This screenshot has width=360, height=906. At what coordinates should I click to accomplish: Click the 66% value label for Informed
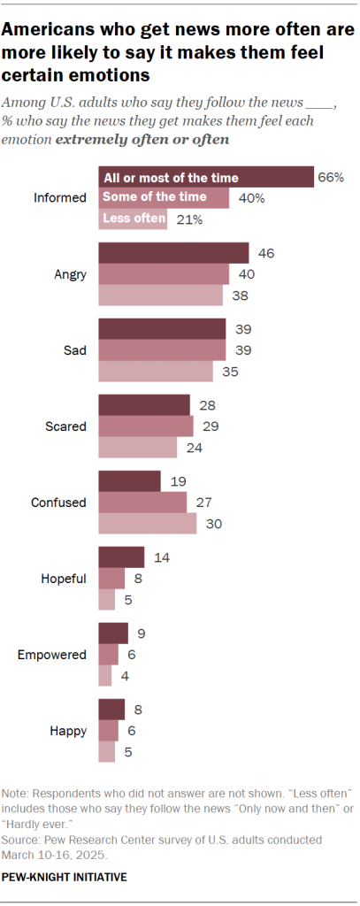coord(331,177)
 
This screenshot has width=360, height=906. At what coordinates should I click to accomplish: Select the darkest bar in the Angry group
coord(173,253)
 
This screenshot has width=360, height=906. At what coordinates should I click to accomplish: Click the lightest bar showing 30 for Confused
coord(147,524)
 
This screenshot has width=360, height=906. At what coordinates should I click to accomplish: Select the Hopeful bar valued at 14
coord(121,557)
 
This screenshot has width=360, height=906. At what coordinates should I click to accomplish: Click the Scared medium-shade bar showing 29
coord(145,426)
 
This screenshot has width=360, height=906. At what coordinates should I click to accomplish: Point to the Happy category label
coord(69,731)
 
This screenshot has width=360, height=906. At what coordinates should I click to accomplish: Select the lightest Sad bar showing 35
coord(155,372)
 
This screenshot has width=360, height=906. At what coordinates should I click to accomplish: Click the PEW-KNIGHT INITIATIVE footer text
coord(65,877)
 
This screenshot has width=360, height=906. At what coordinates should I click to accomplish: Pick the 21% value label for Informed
coord(188,219)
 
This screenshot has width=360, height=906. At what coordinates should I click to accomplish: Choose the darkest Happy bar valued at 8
coord(111,710)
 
